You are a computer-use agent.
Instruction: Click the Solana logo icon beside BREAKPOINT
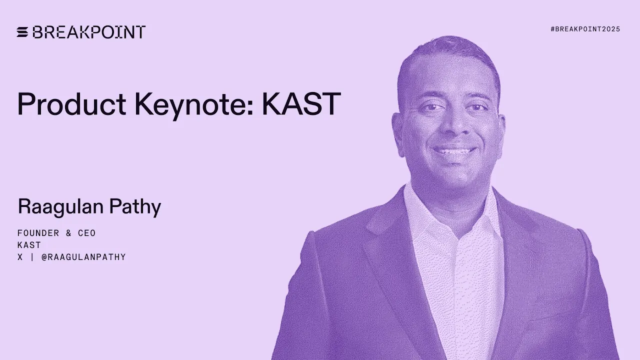coord(23,32)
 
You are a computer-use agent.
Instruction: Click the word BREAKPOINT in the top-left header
coord(89,32)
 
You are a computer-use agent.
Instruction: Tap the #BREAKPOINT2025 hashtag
coord(585,29)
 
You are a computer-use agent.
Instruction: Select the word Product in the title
coord(71,104)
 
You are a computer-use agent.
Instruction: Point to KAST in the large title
coord(301,104)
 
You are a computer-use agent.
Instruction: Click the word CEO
coord(86,233)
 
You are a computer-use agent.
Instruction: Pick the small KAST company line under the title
coord(29,245)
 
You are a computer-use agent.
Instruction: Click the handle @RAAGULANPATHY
coord(83,257)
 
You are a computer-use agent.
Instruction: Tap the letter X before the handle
coord(20,257)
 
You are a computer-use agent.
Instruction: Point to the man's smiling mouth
coord(454,150)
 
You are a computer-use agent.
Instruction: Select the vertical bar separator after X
coord(32,257)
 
